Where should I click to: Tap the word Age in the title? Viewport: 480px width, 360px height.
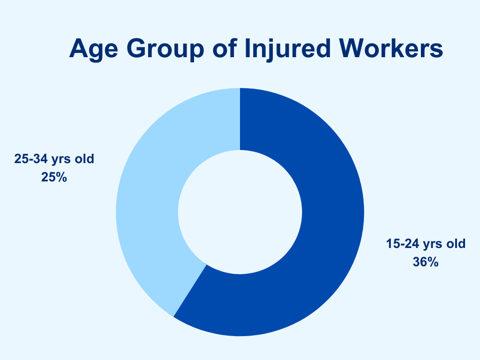[x=94, y=49]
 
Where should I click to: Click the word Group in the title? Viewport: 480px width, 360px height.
[x=165, y=49]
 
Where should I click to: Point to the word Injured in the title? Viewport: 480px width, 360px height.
[x=288, y=49]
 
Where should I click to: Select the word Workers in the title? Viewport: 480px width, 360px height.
[x=391, y=48]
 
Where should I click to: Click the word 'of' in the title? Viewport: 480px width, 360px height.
[x=225, y=48]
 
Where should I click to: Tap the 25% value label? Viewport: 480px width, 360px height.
[x=54, y=177]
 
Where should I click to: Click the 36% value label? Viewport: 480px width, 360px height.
[x=426, y=262]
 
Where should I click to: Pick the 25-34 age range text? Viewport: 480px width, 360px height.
[x=30, y=159]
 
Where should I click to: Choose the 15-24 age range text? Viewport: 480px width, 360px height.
[x=402, y=244]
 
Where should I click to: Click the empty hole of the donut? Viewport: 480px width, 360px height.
[x=240, y=212]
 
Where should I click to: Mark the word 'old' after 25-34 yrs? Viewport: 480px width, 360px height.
[x=85, y=159]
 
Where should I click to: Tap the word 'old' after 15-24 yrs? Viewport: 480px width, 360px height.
[x=457, y=244]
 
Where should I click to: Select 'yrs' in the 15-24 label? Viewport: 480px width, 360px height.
[x=433, y=245]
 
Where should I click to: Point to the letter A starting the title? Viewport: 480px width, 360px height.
[x=78, y=48]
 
